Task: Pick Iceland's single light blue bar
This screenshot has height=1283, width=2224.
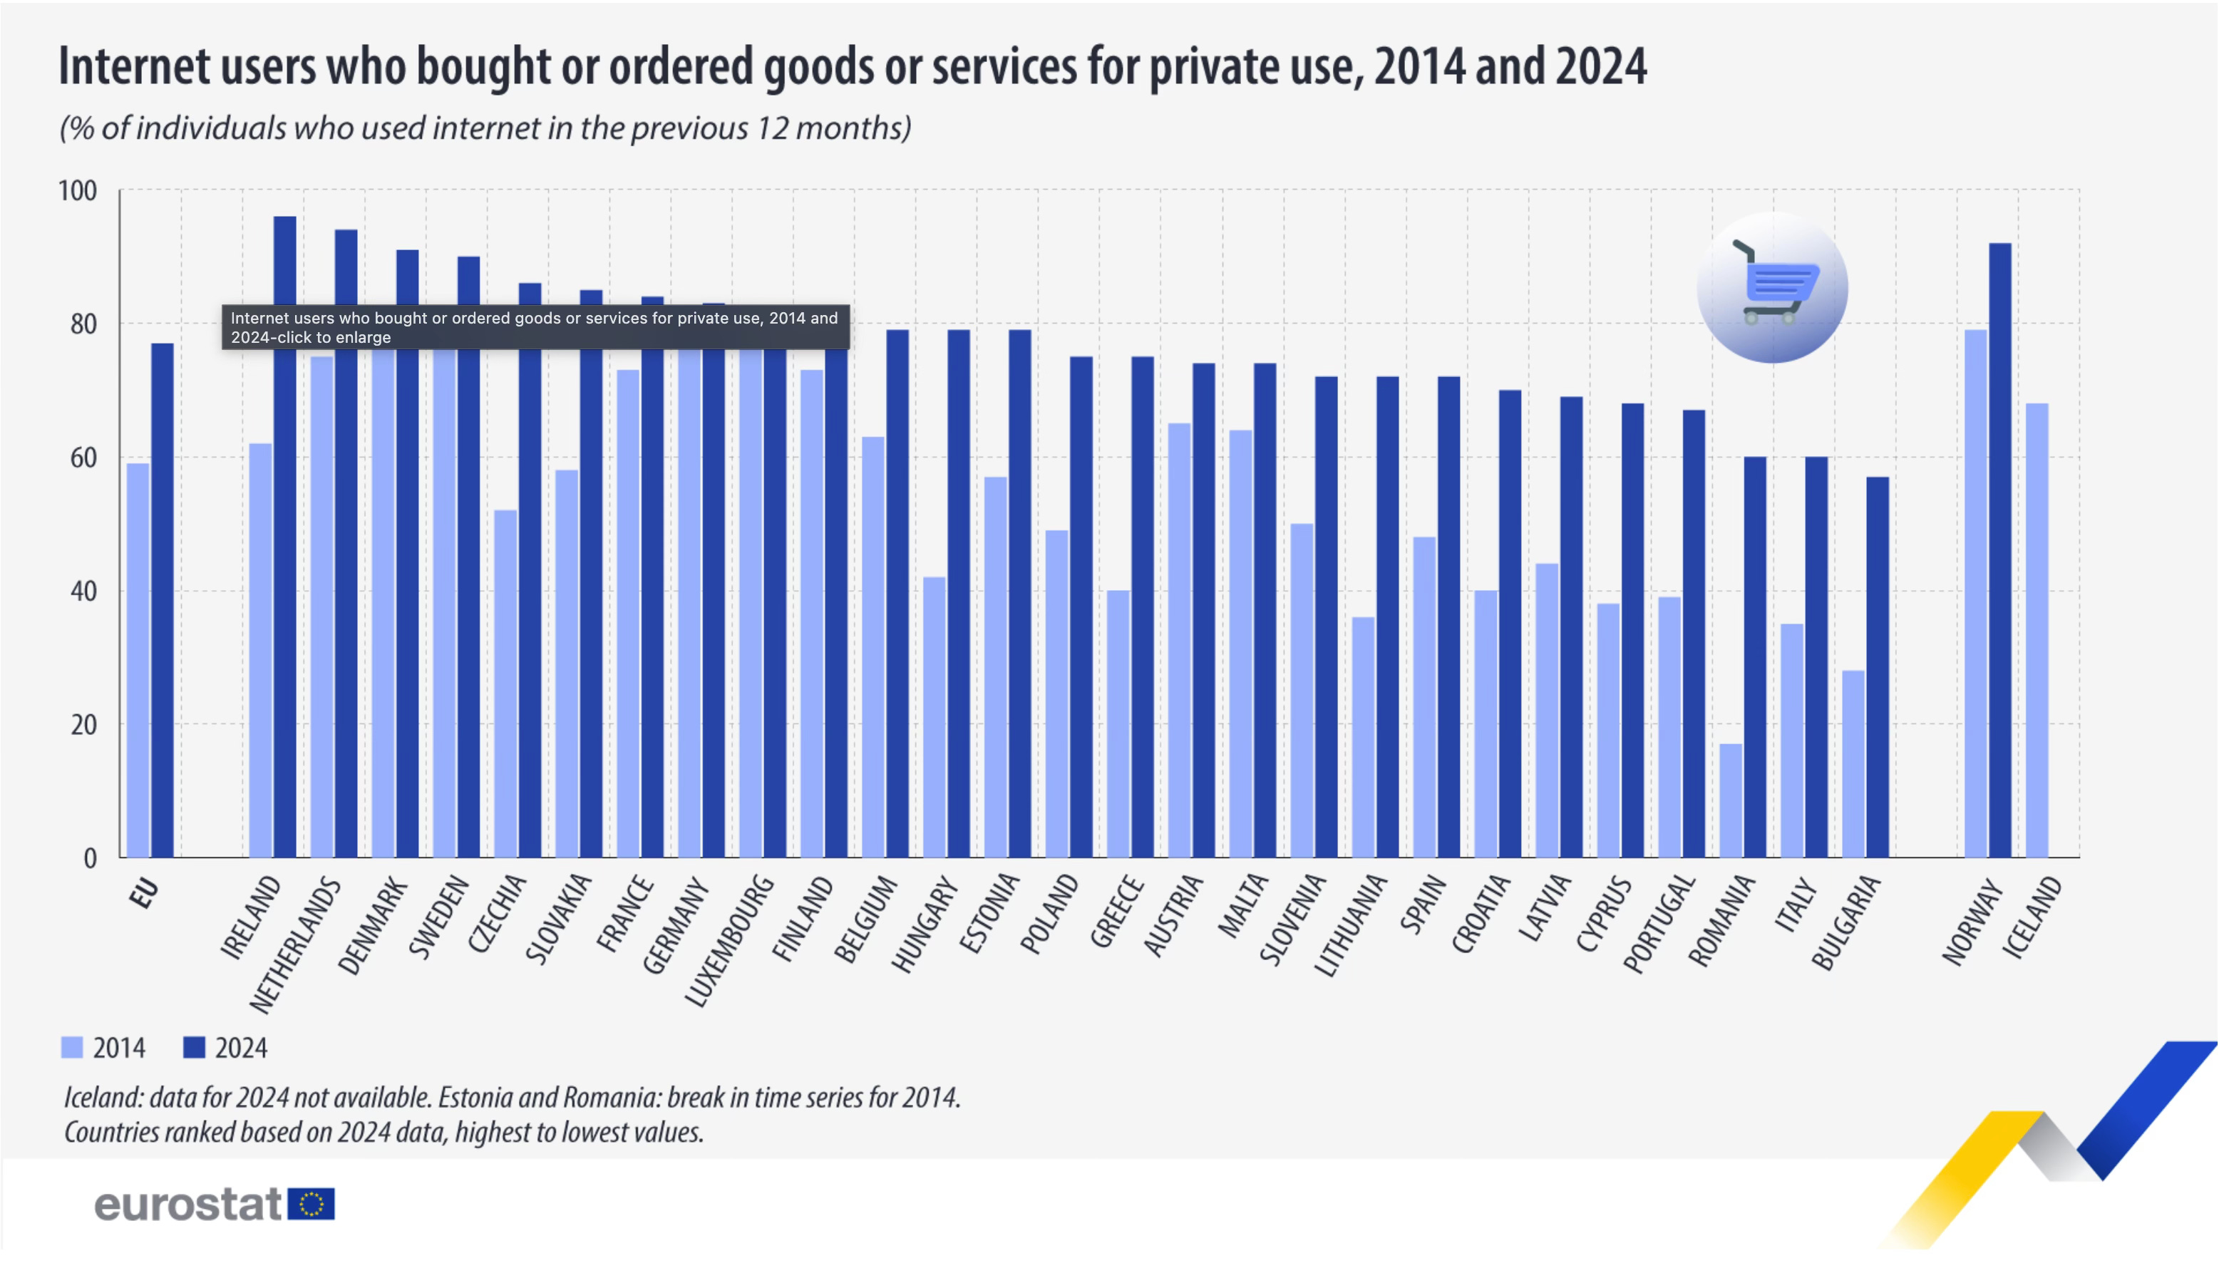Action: [x=2037, y=630]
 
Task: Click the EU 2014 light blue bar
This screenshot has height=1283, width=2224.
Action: [x=138, y=660]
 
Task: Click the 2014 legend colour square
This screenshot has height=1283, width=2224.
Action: [x=72, y=1047]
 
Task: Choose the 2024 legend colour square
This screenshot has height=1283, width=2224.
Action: [x=194, y=1047]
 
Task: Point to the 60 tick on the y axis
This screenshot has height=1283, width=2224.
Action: [x=83, y=458]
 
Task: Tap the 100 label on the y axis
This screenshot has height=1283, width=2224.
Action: [x=78, y=191]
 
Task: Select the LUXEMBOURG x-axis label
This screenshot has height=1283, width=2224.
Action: [x=730, y=940]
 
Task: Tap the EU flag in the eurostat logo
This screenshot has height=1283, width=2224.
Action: [x=311, y=1204]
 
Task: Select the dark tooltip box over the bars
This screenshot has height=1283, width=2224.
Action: [x=535, y=327]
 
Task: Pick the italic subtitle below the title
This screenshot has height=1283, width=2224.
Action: [x=485, y=128]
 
